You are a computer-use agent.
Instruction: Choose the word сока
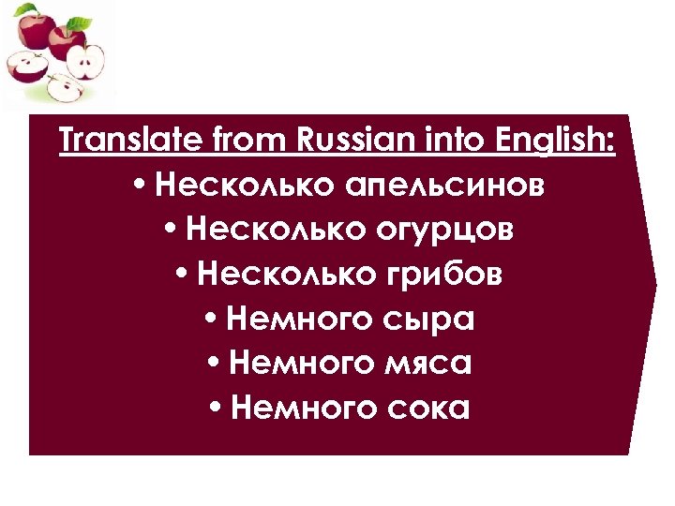(x=428, y=409)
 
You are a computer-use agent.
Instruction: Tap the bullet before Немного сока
(x=215, y=409)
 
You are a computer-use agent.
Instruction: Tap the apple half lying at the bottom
(x=66, y=88)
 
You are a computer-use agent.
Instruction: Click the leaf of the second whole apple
(x=83, y=22)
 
